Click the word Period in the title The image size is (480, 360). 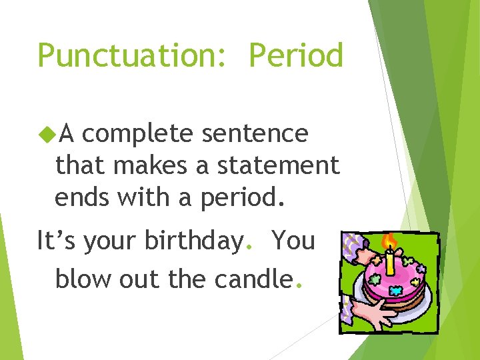pyautogui.click(x=296, y=55)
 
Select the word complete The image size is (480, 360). pyautogui.click(x=137, y=134)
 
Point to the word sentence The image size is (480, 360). pyautogui.click(x=255, y=133)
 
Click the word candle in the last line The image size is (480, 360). pyautogui.click(x=253, y=279)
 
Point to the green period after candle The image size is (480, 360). pyautogui.click(x=299, y=287)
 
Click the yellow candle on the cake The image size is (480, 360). pyautogui.click(x=390, y=261)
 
